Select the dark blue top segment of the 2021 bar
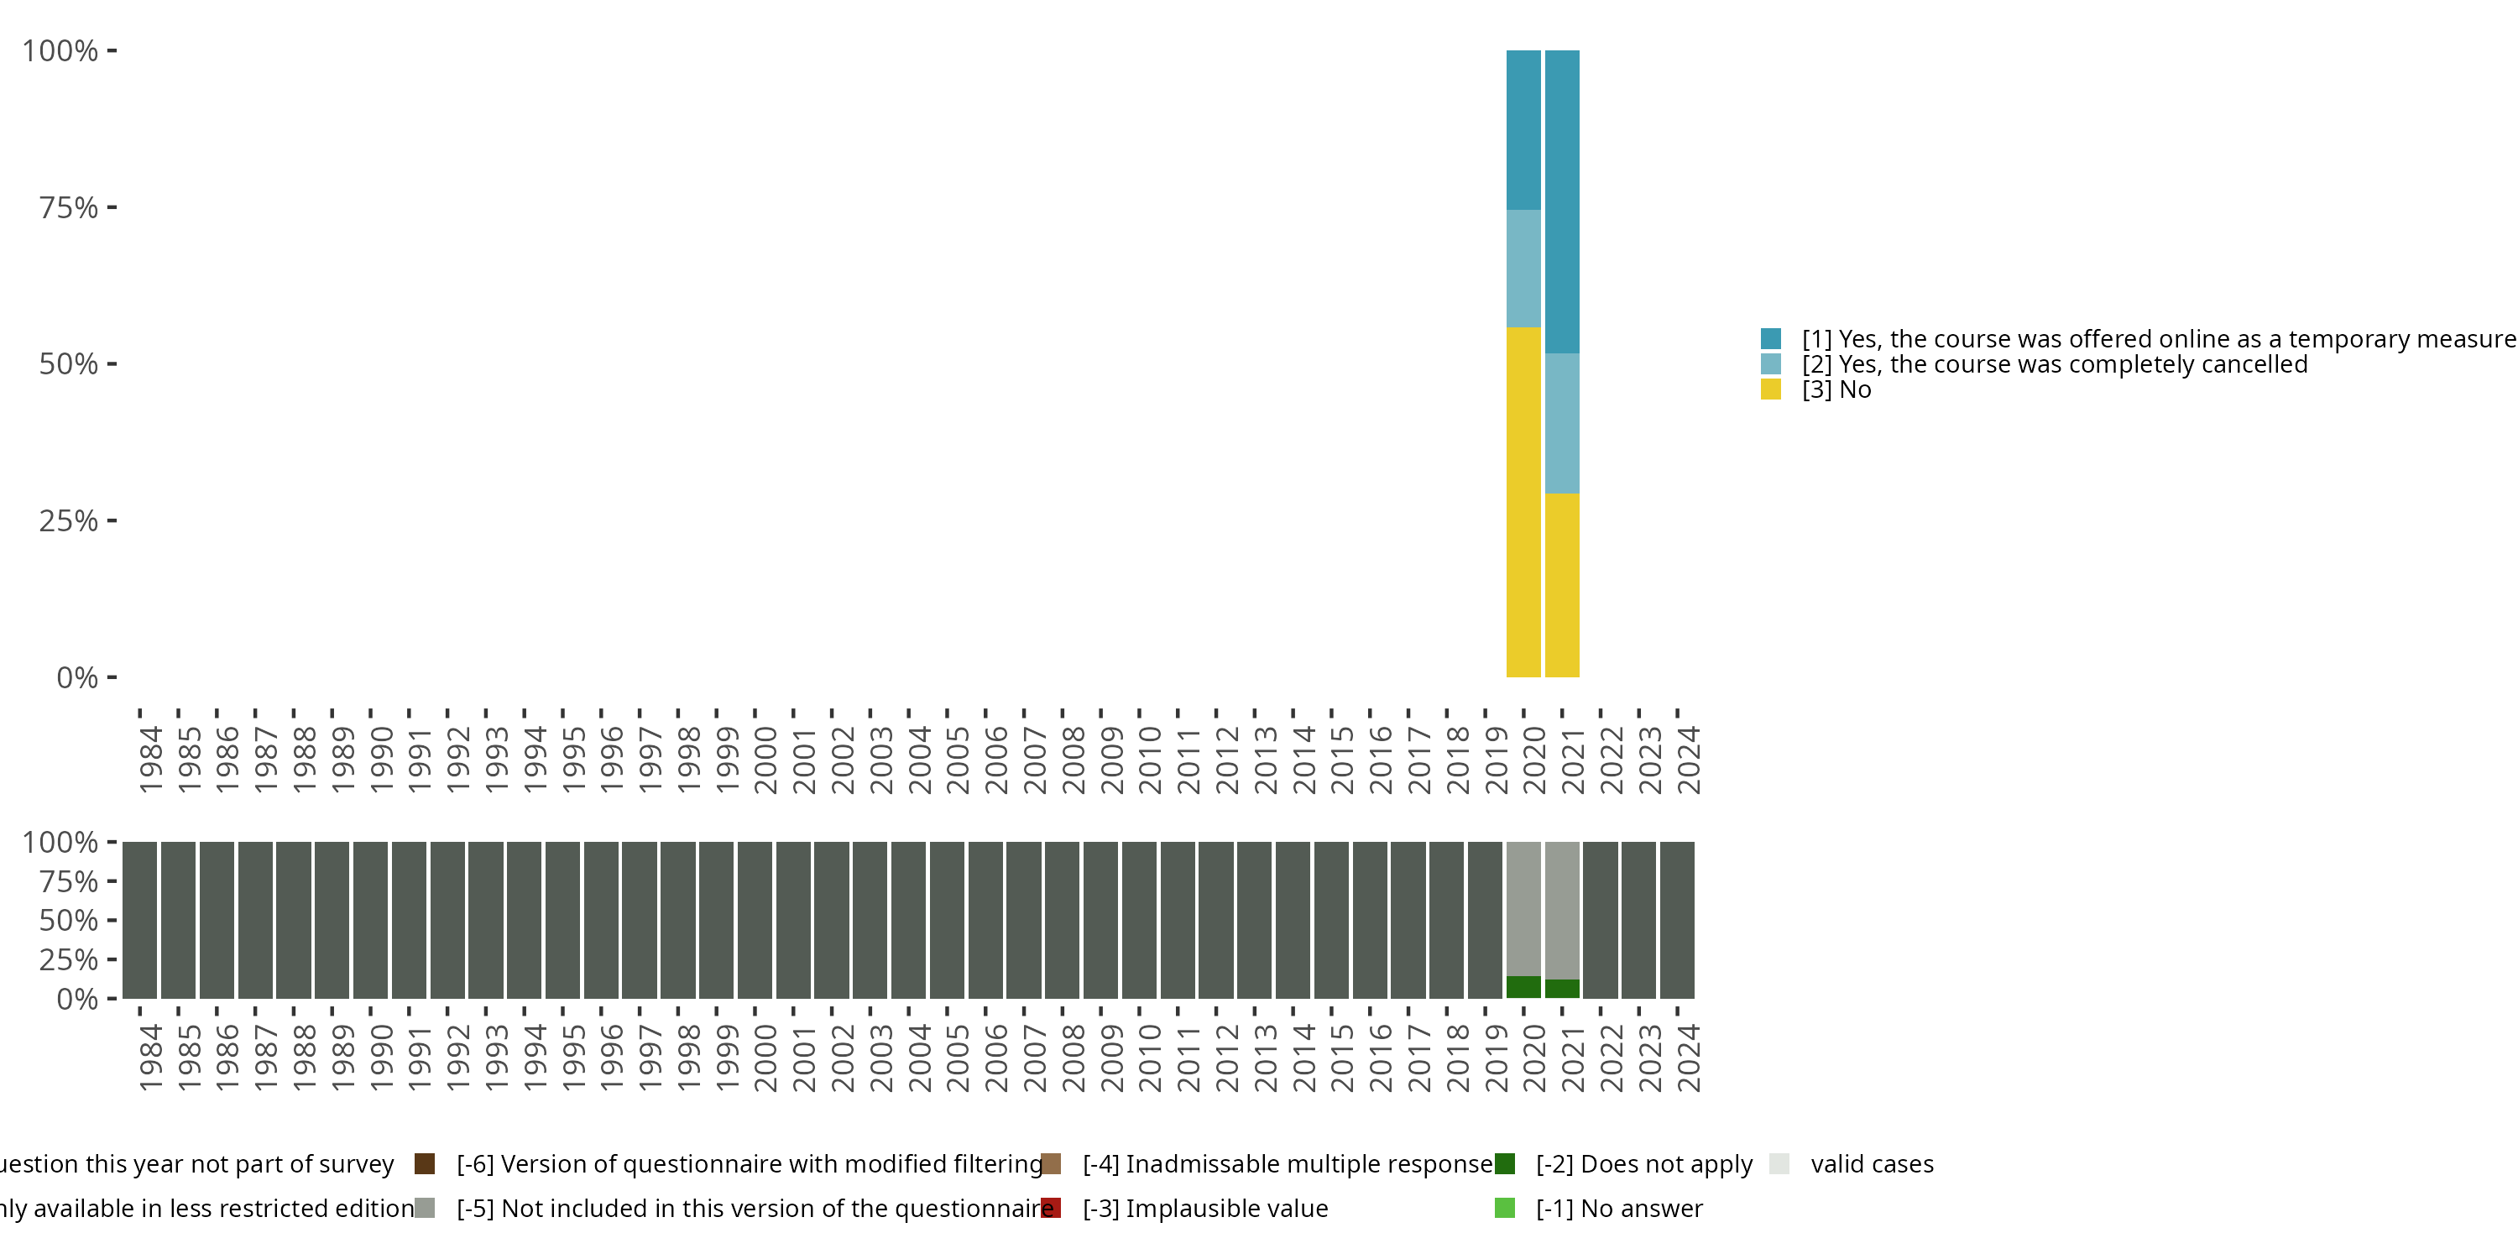click(x=1561, y=201)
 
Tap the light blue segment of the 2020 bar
click(x=1523, y=269)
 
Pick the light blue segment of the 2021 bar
click(x=1561, y=423)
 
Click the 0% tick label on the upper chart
click(x=77, y=677)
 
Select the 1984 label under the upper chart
click(x=150, y=760)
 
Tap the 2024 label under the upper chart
click(x=1688, y=760)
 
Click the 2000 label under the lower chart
click(x=765, y=1058)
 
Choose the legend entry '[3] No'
click(x=1836, y=390)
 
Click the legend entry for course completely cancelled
click(x=2053, y=364)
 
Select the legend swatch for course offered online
click(x=1770, y=339)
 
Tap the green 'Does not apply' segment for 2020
click(x=1523, y=987)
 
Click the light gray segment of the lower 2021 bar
click(x=1561, y=909)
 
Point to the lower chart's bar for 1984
click(x=140, y=920)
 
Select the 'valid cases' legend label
click(x=1872, y=1164)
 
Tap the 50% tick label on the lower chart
click(x=69, y=921)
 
